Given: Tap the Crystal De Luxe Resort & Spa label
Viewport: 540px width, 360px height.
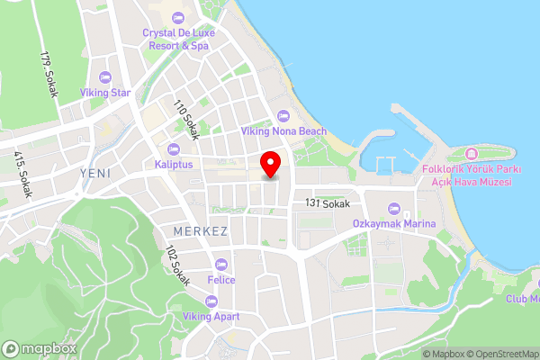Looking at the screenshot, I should (x=176, y=39).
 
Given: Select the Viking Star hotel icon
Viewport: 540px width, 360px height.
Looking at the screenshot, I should (x=105, y=77).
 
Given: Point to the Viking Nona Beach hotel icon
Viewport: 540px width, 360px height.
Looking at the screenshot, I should (x=283, y=115).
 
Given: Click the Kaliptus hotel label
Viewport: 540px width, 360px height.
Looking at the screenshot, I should (x=174, y=165).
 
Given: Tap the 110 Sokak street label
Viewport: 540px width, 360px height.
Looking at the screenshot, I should (x=186, y=121).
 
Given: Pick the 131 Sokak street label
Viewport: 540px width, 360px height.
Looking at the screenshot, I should (x=327, y=204).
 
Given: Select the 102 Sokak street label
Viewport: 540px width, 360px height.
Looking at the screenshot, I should (x=177, y=268).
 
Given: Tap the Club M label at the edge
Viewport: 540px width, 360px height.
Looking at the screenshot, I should (x=522, y=299).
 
